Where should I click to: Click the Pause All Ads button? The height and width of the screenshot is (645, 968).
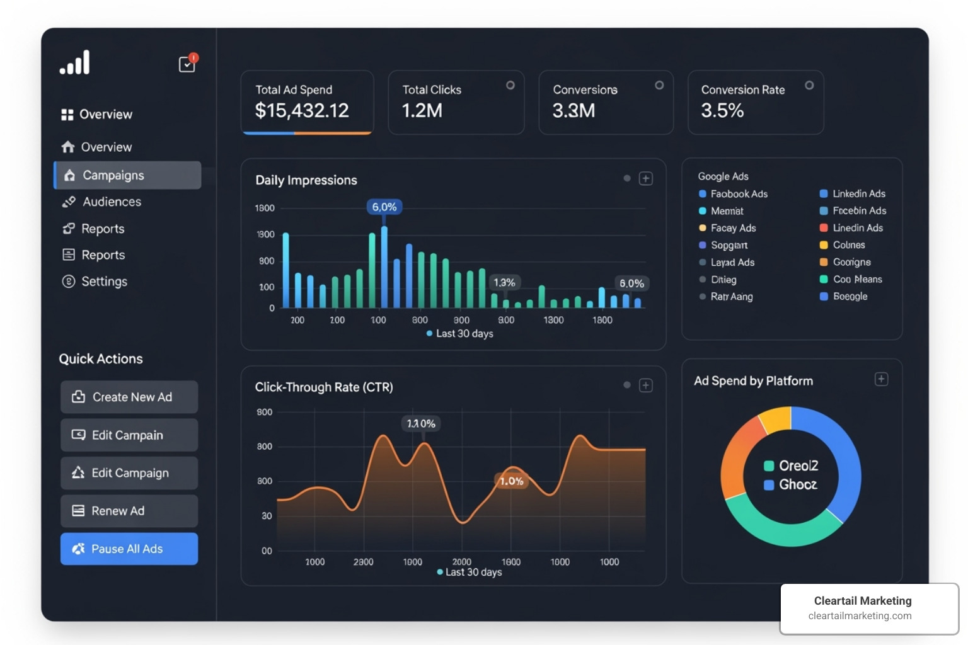[x=129, y=549]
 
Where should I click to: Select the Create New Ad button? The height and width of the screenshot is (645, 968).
[x=129, y=397]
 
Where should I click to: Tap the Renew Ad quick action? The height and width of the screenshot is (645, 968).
[x=129, y=511]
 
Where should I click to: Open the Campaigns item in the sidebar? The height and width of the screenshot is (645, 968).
[x=127, y=175]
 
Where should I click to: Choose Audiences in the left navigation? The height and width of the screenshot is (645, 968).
[x=112, y=202]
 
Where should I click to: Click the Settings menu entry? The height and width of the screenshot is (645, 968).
[x=104, y=282]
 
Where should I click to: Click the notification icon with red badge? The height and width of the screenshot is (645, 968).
[x=187, y=64]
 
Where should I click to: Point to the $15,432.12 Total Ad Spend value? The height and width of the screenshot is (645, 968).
[x=301, y=111]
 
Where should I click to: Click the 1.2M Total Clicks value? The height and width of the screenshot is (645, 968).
[x=422, y=111]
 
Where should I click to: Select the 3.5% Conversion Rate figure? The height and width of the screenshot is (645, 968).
[x=722, y=111]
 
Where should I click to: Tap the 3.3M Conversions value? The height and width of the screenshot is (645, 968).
[x=573, y=111]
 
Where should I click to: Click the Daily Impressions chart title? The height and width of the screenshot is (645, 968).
[x=306, y=180]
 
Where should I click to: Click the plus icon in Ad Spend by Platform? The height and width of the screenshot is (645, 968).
[x=881, y=379]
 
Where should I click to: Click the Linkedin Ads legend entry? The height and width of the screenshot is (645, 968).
[x=858, y=193]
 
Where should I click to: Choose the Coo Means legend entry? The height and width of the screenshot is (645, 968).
[x=857, y=279]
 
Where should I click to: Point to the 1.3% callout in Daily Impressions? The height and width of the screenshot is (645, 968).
[x=504, y=282]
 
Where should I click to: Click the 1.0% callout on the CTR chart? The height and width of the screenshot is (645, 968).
[x=511, y=481]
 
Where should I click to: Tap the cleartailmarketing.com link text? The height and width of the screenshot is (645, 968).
[x=860, y=616]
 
